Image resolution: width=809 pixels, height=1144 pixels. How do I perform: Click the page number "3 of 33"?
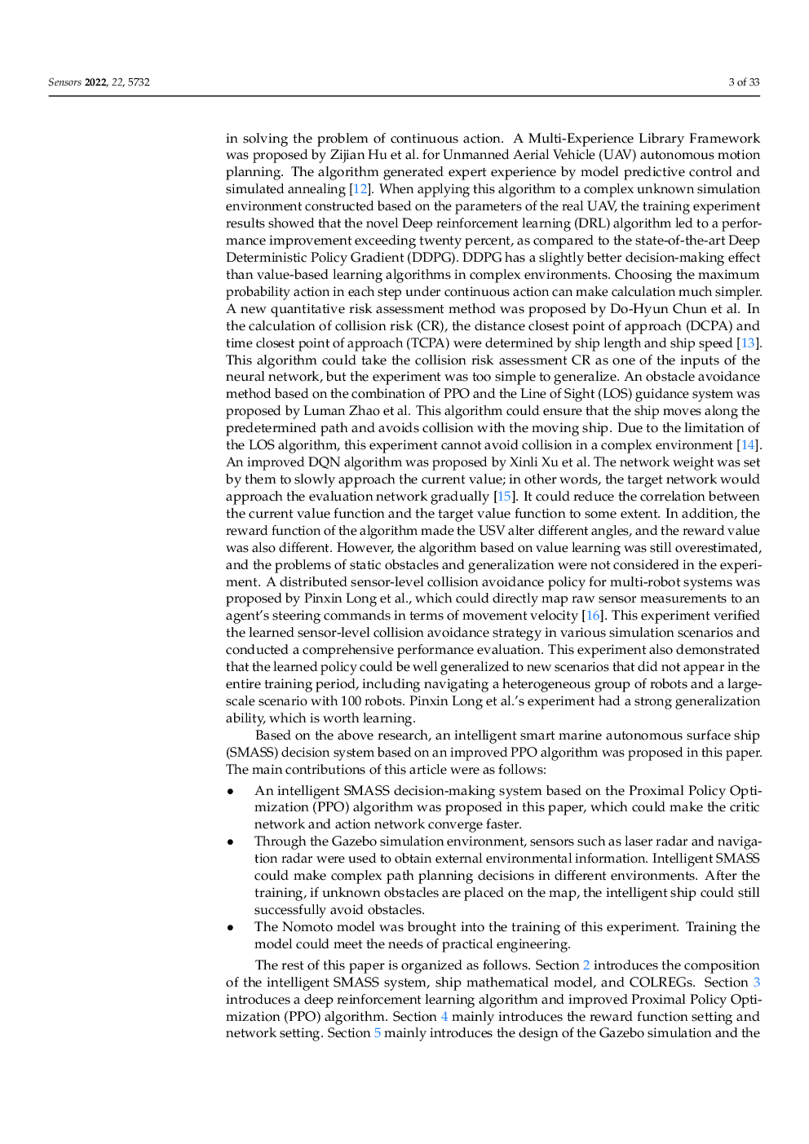[743, 82]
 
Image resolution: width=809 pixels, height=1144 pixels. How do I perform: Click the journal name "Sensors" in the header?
[64, 82]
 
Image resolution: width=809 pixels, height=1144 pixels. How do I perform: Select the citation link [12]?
[360, 189]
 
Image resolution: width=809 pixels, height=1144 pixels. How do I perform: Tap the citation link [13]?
[748, 343]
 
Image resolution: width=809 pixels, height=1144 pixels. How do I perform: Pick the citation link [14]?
[748, 445]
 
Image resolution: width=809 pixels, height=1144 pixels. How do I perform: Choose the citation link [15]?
[505, 497]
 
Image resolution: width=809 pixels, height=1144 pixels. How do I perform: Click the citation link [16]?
[593, 616]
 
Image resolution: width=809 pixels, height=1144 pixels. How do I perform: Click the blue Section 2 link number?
[586, 965]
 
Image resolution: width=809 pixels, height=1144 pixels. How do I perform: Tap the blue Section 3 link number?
[756, 983]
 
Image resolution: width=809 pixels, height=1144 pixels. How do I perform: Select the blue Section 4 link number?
[444, 1017]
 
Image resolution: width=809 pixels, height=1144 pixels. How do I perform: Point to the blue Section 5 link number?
[378, 1033]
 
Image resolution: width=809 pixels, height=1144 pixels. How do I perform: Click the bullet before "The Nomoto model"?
[232, 928]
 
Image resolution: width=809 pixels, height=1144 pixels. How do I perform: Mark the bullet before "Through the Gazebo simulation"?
[232, 842]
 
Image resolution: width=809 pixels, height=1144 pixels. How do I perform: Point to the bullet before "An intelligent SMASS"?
[232, 792]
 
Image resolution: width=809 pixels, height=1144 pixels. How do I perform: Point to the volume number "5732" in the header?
[139, 82]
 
